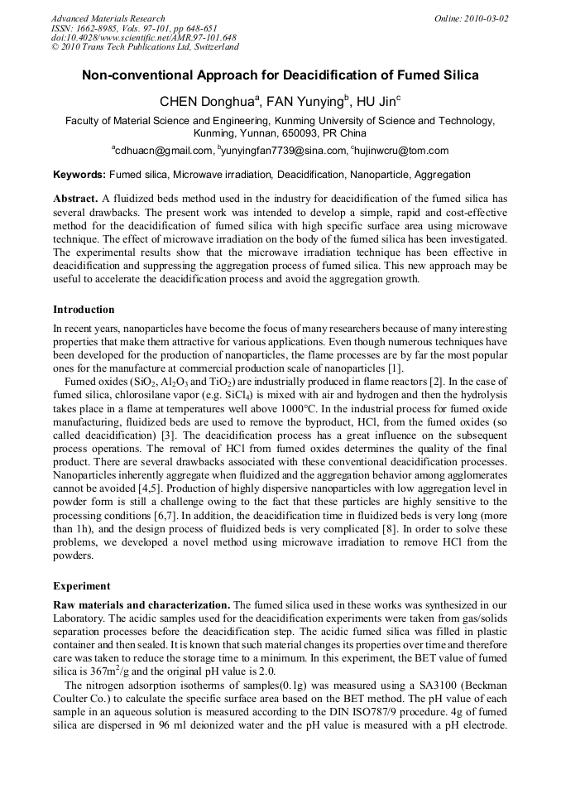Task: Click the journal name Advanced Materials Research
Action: point(108,18)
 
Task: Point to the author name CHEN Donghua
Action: point(207,102)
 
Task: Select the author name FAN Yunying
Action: point(305,102)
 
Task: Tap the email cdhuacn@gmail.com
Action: point(164,151)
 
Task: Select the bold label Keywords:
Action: point(79,175)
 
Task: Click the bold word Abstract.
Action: point(75,200)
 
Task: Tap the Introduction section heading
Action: point(84,310)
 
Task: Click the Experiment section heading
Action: point(81,585)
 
